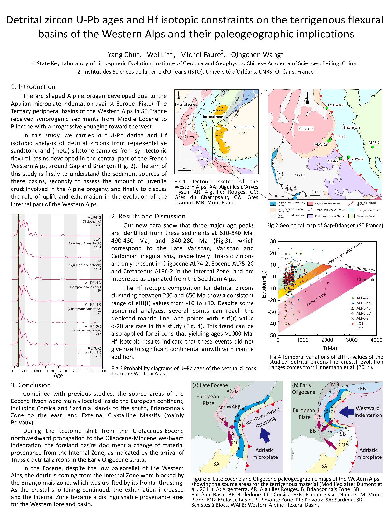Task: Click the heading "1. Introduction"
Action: pos(33,87)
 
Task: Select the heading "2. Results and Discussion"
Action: pos(148,216)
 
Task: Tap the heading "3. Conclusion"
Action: pos(31,385)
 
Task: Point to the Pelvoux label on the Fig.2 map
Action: pos(306,128)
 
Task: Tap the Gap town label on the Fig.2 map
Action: pos(301,175)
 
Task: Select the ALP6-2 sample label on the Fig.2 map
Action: pos(374,143)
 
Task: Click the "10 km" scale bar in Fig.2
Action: pos(314,192)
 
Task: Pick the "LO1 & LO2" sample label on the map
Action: pos(336,105)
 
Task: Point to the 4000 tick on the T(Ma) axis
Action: pos(376,340)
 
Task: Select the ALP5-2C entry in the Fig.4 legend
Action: pos(364,313)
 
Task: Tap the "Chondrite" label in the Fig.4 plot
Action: pos(366,280)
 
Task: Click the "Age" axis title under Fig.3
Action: pos(58,375)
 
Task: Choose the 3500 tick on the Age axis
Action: pos(102,371)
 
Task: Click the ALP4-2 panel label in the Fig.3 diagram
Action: pos(93,218)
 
